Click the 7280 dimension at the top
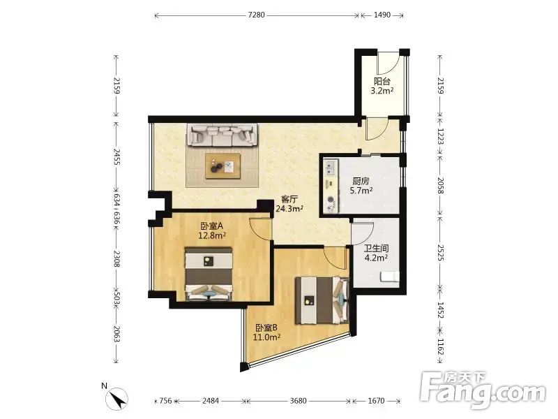click(256, 15)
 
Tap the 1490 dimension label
click(382, 15)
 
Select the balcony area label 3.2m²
click(382, 91)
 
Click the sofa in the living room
click(222, 135)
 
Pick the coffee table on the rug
click(223, 166)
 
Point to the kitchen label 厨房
click(361, 181)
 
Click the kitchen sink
click(331, 168)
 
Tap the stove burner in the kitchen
click(331, 200)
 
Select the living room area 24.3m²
click(289, 209)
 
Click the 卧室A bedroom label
click(212, 226)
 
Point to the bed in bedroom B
click(322, 301)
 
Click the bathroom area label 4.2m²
click(376, 258)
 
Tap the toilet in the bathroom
click(390, 277)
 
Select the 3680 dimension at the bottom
click(298, 401)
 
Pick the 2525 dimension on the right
click(441, 253)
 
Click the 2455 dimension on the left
click(116, 157)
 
